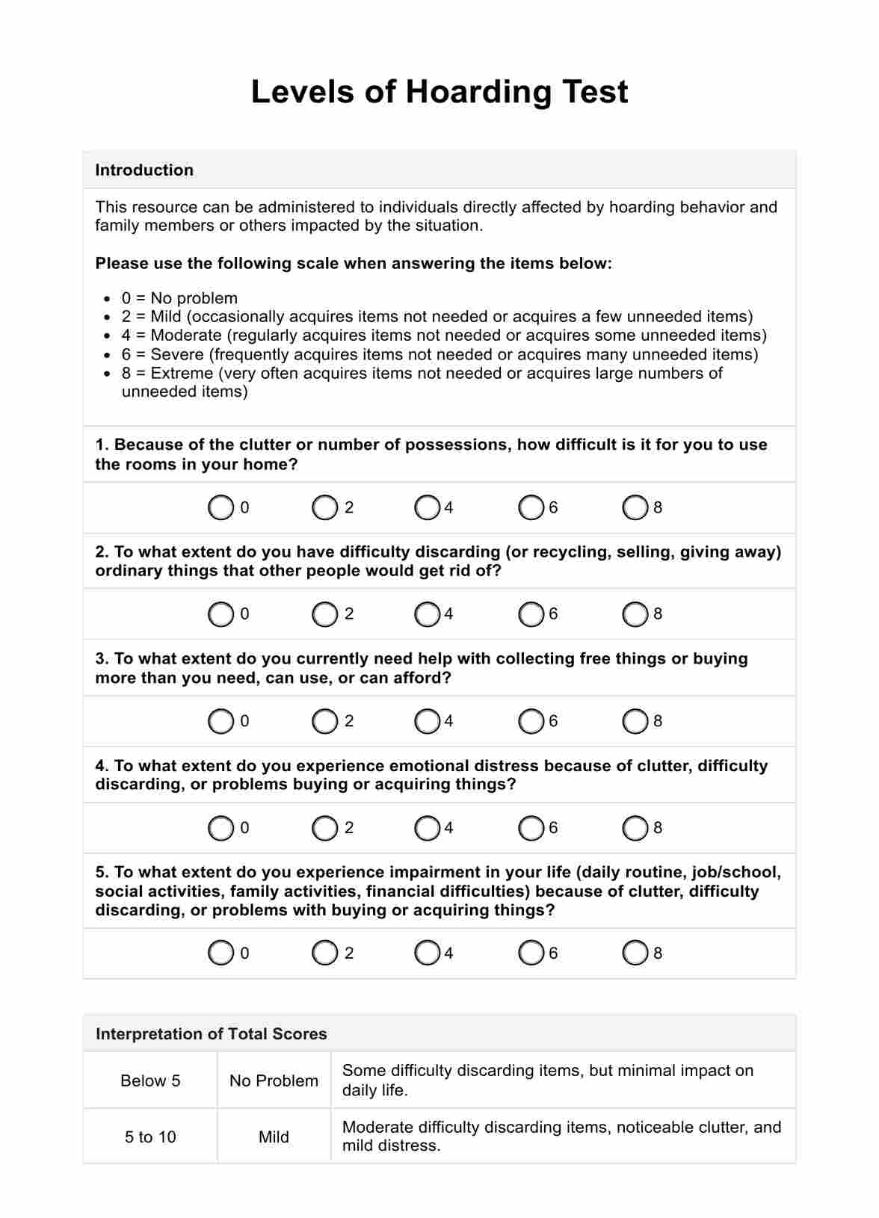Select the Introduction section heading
coord(144,170)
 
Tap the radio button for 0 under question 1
coord(220,508)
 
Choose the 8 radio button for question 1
coord(635,508)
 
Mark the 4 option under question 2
coord(427,614)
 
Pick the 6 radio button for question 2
coord(531,614)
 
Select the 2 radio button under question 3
coord(324,722)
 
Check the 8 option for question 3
coord(635,722)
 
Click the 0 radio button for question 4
coord(220,828)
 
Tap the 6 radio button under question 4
coord(531,828)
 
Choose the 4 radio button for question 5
coord(427,953)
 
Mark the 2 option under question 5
coord(324,953)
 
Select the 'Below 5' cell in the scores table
coord(150,1081)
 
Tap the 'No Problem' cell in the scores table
coord(274,1081)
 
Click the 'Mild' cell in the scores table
coord(274,1137)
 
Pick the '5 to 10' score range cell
coord(150,1137)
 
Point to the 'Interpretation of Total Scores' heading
coord(212,1034)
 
